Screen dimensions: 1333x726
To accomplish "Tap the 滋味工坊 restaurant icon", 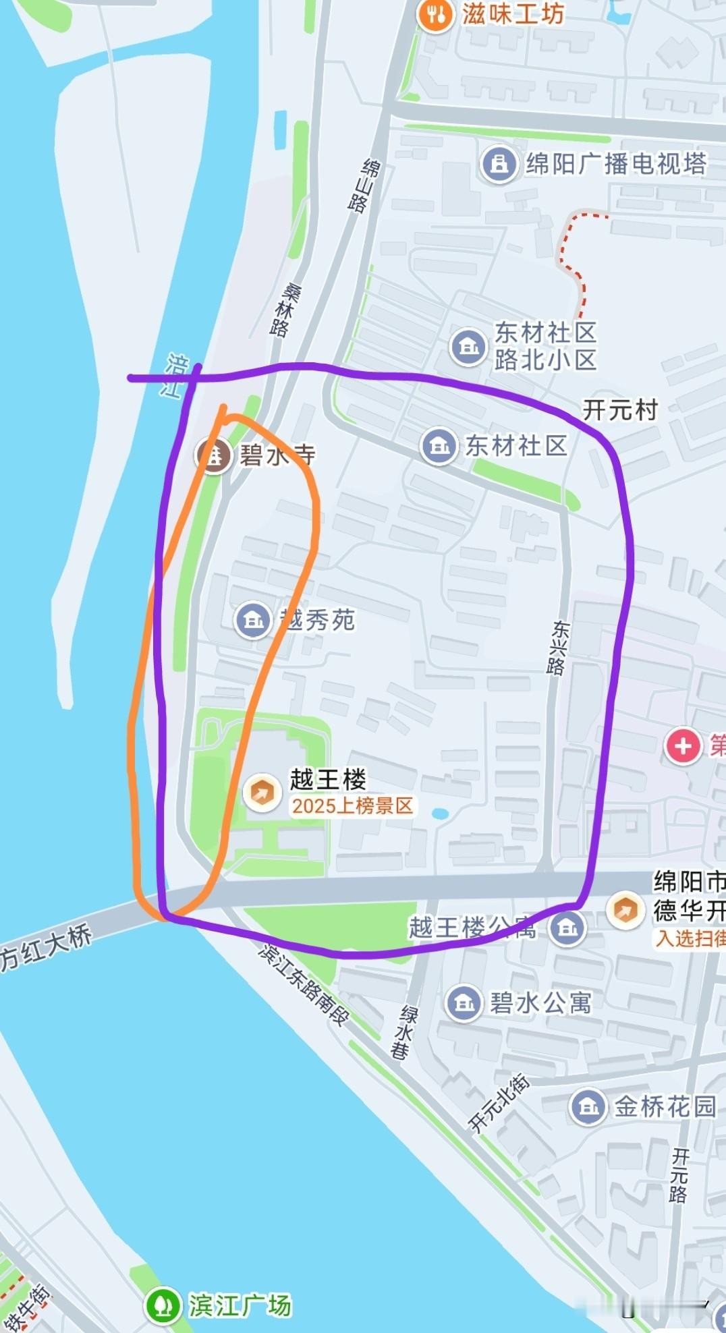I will coord(435,15).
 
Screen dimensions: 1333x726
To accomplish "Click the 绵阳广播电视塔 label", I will coord(615,164).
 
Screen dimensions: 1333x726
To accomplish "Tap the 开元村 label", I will coord(619,409).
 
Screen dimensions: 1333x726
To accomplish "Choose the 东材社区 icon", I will coord(439,446).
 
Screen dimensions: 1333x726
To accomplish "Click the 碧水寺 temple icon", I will coord(214,455).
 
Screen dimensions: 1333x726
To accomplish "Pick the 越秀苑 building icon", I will coord(253,619).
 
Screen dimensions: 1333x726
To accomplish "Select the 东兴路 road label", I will coord(558,648).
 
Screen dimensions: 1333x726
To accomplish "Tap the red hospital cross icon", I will coord(683,746).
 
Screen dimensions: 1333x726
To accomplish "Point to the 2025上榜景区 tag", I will coord(352,806).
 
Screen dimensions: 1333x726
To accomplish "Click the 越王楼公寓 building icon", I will coord(567,928).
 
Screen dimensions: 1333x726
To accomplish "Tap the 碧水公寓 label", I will coord(540,1002).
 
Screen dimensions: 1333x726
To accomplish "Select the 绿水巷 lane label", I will coord(406,1032).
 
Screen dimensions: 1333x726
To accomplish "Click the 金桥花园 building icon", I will coord(588,1106).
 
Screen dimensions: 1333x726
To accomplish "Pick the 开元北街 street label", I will coord(499,1103).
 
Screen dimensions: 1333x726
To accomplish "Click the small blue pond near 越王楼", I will coord(440,814).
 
